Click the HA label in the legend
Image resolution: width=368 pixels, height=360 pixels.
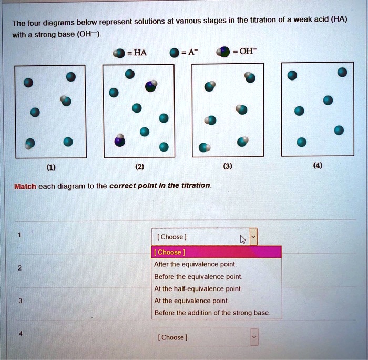point(140,52)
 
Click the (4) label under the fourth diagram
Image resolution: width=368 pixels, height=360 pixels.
point(317,167)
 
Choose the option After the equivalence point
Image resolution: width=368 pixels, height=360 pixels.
point(195,264)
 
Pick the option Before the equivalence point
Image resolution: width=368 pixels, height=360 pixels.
point(198,276)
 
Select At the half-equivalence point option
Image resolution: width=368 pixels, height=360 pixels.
point(198,288)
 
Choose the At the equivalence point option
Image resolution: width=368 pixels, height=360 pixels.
point(191,301)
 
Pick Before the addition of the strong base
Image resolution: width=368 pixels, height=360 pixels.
point(212,313)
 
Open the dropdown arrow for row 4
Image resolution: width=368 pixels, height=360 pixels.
point(254,337)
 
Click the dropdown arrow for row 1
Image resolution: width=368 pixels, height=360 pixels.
point(253,237)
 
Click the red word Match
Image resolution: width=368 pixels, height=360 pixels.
point(24,186)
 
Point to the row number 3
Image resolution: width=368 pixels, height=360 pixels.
point(19,301)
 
